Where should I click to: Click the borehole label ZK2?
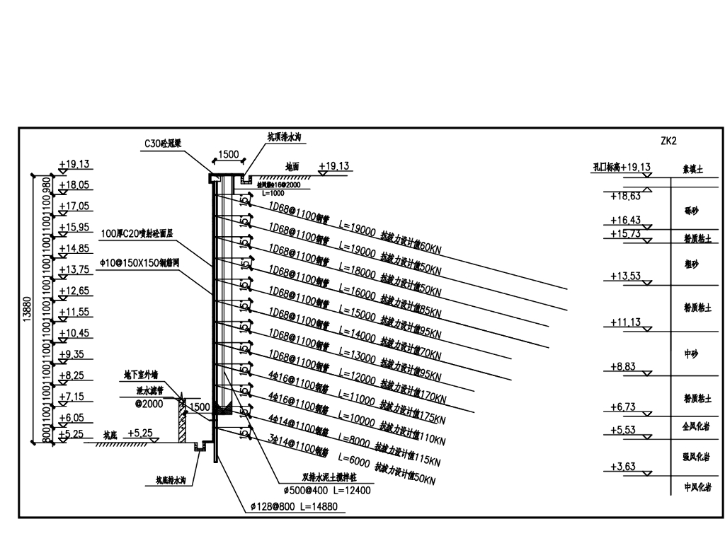[x=668, y=141]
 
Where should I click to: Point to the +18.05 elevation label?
[x=74, y=185]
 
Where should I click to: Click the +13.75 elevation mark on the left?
[x=74, y=269]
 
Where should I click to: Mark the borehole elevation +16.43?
[x=625, y=221]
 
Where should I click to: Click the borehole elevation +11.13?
[x=625, y=322]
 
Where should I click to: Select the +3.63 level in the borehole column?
[x=625, y=466]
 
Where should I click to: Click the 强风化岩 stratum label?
[x=692, y=456]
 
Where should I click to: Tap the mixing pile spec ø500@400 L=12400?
[x=326, y=489]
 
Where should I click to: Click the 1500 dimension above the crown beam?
[x=228, y=154]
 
